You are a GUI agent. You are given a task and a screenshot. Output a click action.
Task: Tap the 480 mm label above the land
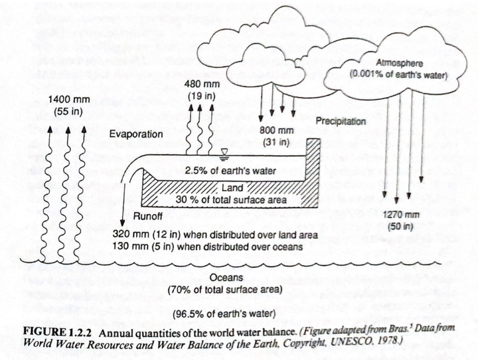pyautogui.click(x=200, y=84)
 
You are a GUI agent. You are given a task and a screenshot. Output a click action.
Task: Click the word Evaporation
pyautogui.click(x=135, y=134)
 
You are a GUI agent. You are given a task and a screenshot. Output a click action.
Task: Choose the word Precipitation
pyautogui.click(x=341, y=122)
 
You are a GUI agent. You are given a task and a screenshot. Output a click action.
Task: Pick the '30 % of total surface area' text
pyautogui.click(x=231, y=200)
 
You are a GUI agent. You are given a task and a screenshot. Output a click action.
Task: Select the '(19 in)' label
pyautogui.click(x=200, y=95)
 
